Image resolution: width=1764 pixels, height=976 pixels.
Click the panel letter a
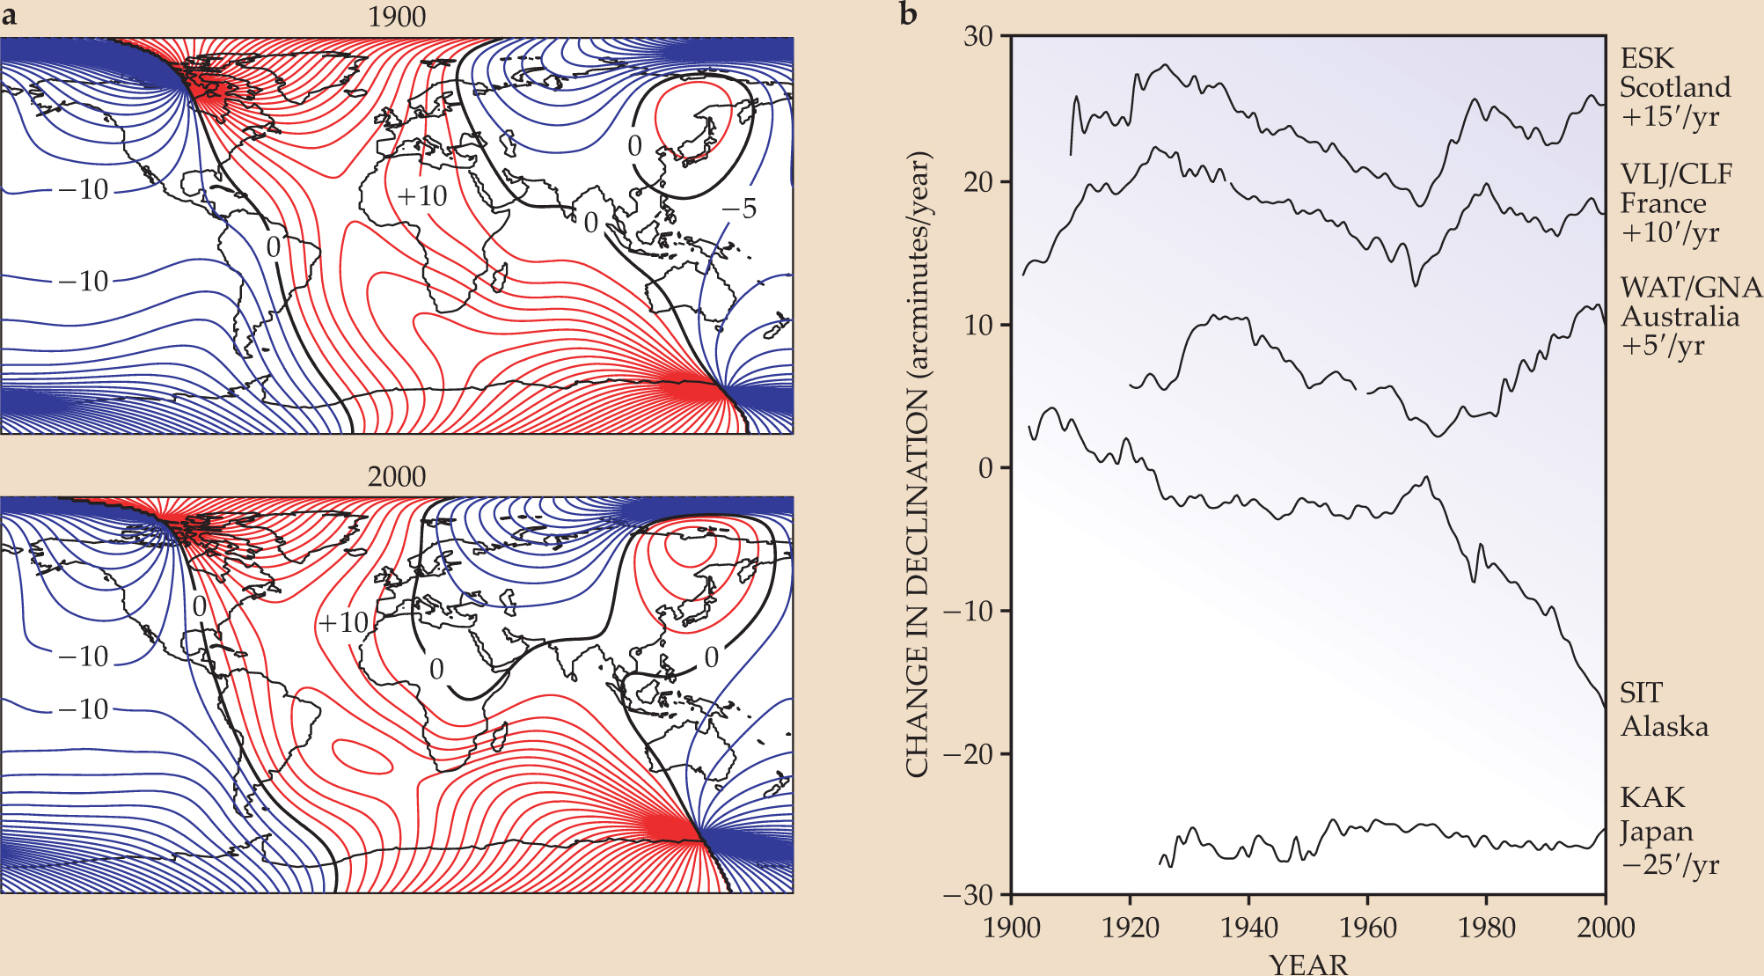tap(9, 16)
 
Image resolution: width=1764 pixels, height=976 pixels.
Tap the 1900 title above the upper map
tap(397, 18)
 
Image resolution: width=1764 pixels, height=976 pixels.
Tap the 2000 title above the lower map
tap(397, 477)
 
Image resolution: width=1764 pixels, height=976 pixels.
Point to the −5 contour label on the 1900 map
tap(739, 209)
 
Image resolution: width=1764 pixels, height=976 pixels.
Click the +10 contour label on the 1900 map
tap(422, 195)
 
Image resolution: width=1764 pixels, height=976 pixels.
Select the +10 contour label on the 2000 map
tap(343, 623)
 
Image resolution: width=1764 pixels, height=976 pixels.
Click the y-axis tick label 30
tap(977, 36)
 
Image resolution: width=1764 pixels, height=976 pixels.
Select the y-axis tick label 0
tap(985, 467)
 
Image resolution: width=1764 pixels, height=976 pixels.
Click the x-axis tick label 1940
tap(1248, 928)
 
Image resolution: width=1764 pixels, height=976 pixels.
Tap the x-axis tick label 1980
tap(1486, 928)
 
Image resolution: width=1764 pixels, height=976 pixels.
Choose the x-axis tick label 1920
tap(1130, 928)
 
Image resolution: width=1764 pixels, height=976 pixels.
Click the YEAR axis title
tap(1308, 964)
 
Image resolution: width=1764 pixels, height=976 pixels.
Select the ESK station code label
tap(1647, 58)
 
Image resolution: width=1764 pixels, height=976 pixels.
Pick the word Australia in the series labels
tap(1680, 317)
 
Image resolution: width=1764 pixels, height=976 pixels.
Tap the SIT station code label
tap(1641, 693)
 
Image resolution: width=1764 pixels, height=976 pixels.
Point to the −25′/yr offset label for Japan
tap(1669, 864)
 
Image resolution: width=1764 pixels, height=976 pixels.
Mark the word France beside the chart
tap(1663, 203)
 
